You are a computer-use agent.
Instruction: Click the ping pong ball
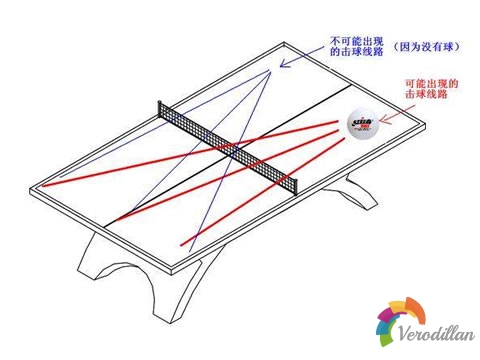click(362, 125)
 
